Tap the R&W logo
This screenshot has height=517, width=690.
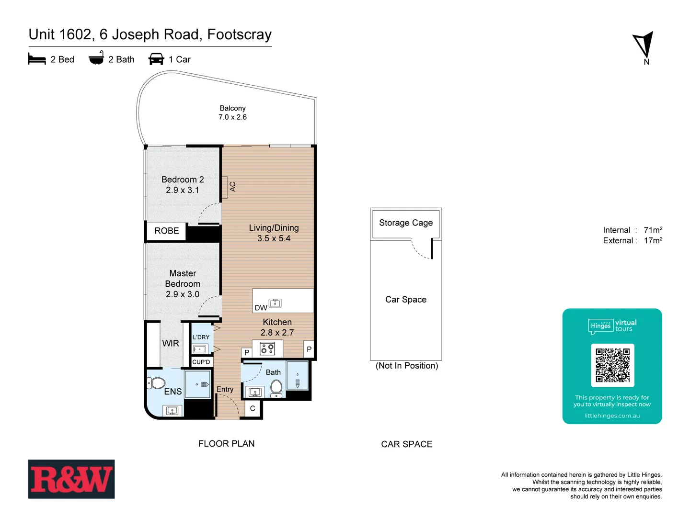click(x=71, y=479)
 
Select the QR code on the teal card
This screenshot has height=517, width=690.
click(x=612, y=365)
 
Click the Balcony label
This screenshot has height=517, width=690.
click(x=232, y=108)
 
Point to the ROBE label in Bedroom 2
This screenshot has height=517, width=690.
click(x=167, y=231)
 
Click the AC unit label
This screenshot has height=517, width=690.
click(x=233, y=187)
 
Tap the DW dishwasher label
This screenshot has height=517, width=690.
click(x=261, y=308)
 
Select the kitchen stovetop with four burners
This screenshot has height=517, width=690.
click(x=267, y=348)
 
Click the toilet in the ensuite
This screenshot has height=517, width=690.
click(x=156, y=383)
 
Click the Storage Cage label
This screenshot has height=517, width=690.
click(x=406, y=223)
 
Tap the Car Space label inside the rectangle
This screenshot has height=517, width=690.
click(x=406, y=300)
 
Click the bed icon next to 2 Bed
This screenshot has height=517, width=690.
click(x=37, y=59)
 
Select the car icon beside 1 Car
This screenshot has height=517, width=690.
click(x=156, y=59)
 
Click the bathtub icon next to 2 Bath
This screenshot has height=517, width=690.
click(x=96, y=58)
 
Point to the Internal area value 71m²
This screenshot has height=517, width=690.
click(x=653, y=230)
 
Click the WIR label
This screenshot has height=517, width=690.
click(x=171, y=343)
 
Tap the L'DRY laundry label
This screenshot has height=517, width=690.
click(x=201, y=337)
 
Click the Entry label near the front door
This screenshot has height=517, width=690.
click(x=225, y=389)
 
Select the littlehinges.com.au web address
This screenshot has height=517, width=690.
click(x=612, y=416)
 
